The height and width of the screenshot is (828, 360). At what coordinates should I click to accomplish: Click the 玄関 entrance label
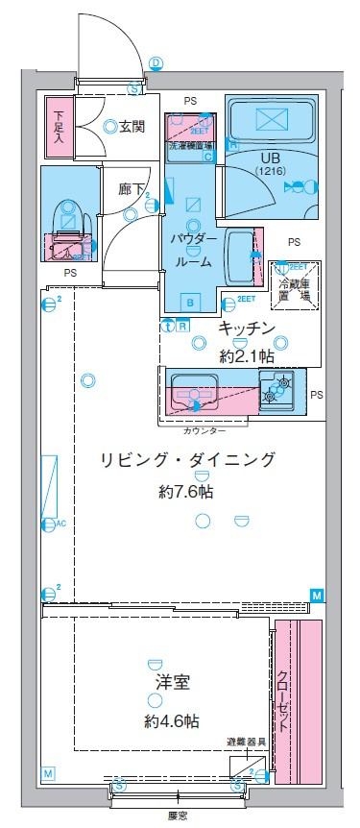[132, 125]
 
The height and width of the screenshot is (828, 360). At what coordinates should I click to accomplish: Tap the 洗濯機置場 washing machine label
[190, 148]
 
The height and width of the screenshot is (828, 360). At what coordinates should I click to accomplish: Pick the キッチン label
[248, 329]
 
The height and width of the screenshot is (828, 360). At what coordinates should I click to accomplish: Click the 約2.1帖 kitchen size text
[248, 355]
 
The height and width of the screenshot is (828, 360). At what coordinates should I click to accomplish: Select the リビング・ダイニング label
[187, 460]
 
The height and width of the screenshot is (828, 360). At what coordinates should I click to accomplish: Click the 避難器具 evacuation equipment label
[246, 743]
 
